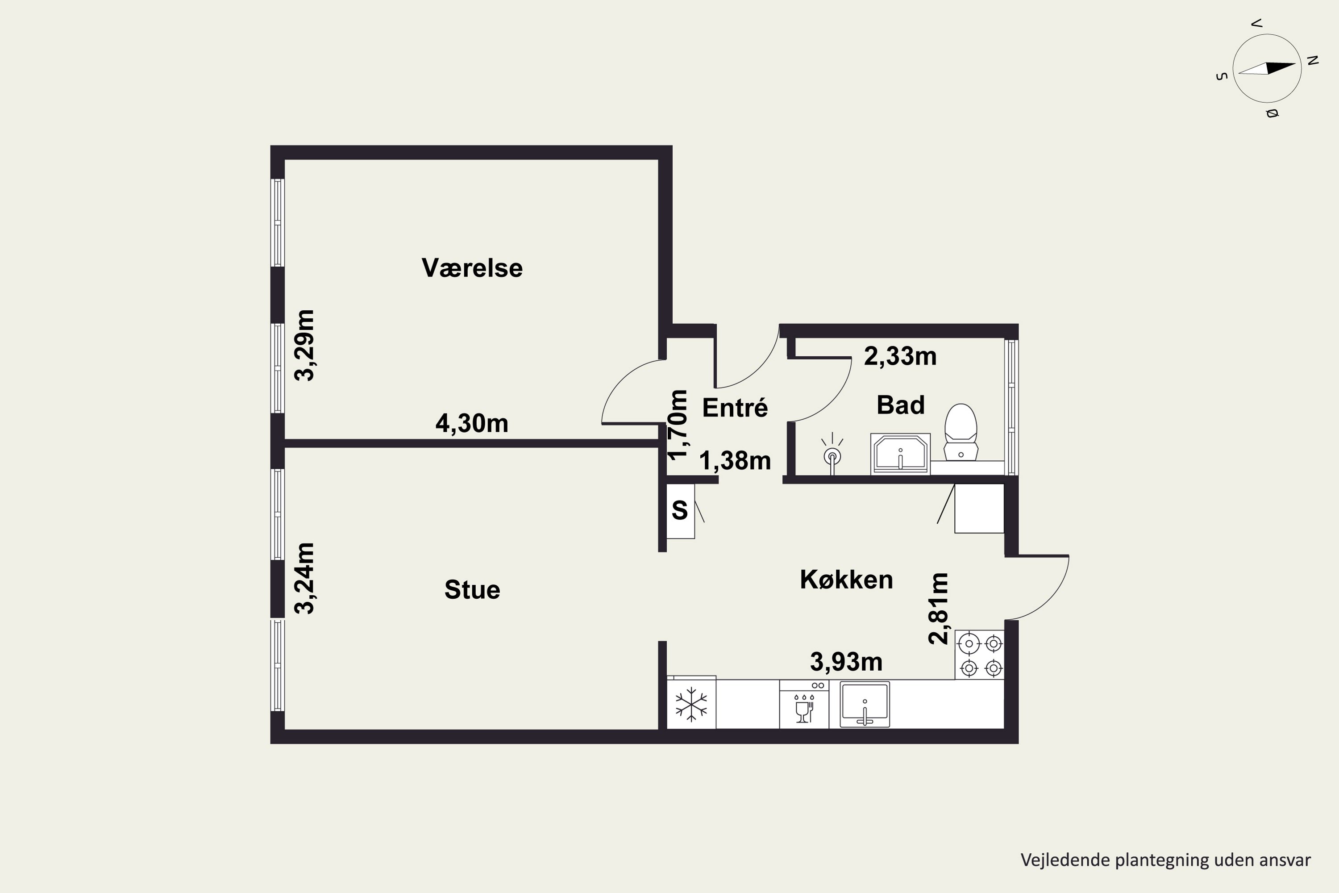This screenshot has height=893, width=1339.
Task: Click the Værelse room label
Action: pos(472,267)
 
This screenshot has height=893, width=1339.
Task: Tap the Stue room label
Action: pos(472,589)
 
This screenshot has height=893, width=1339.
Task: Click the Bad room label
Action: pos(901,405)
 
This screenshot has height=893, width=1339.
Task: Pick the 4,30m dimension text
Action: pos(472,423)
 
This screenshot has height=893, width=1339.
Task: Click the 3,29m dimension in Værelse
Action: pos(304,345)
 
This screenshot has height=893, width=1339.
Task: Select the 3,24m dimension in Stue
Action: pos(304,578)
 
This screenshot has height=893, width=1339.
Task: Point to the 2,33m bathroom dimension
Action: pos(901,356)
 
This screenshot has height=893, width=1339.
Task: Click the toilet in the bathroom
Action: pos(961,432)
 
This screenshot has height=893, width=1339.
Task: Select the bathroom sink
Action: pos(901,454)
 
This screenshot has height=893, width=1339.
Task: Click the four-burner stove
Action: pos(980,655)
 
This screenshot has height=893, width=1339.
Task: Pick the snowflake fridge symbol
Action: pos(691,704)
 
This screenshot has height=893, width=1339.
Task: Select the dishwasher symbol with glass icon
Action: pos(804,704)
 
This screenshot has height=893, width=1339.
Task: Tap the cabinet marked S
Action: pos(680,511)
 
